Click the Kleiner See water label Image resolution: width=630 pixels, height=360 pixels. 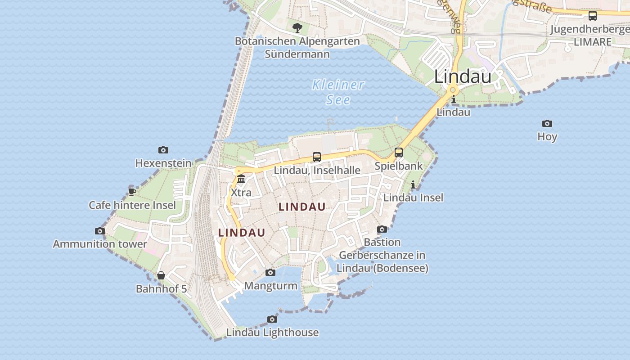click(338, 92)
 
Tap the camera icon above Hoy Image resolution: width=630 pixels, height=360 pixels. click(547, 123)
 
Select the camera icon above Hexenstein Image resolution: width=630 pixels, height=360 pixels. click(163, 150)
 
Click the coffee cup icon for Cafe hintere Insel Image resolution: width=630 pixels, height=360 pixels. click(132, 192)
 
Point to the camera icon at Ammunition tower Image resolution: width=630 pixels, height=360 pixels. click(100, 231)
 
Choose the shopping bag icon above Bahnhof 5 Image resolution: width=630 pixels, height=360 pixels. click(161, 275)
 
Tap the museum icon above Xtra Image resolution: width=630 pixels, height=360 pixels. click(241, 179)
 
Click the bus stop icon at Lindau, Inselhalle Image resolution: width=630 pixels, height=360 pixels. click(317, 157)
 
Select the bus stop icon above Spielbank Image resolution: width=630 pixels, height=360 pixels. click(399, 153)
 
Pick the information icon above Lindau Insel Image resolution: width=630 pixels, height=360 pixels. click(413, 184)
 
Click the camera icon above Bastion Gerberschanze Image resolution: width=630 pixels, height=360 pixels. click(382, 229)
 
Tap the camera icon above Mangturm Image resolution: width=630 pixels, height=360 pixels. click(270, 272)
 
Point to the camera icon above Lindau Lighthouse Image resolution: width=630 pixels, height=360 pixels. click(272, 319)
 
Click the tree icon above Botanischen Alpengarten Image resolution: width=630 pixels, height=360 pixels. click(297, 28)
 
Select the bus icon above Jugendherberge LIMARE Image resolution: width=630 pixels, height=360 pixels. click(593, 16)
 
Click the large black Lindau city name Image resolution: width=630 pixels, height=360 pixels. click(463, 76)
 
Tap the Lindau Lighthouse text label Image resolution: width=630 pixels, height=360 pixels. click(272, 333)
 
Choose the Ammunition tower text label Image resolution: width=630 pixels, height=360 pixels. click(100, 244)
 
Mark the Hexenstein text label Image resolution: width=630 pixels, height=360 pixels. click(163, 163)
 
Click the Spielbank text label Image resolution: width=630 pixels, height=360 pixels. click(399, 166)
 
